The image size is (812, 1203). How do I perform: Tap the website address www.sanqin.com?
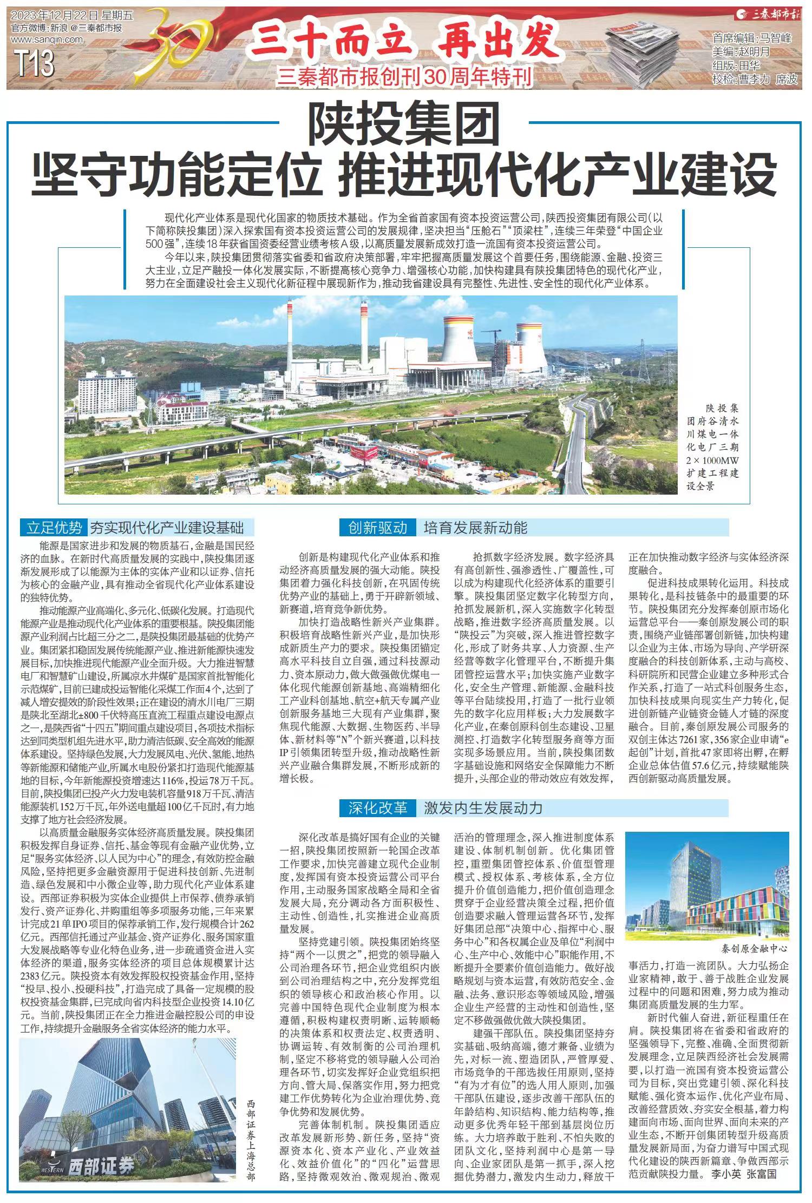coord(47,39)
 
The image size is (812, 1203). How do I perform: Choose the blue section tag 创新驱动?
coord(377,527)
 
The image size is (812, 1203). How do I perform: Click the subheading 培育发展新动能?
coord(475,527)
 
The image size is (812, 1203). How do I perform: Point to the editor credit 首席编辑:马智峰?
coord(752,38)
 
